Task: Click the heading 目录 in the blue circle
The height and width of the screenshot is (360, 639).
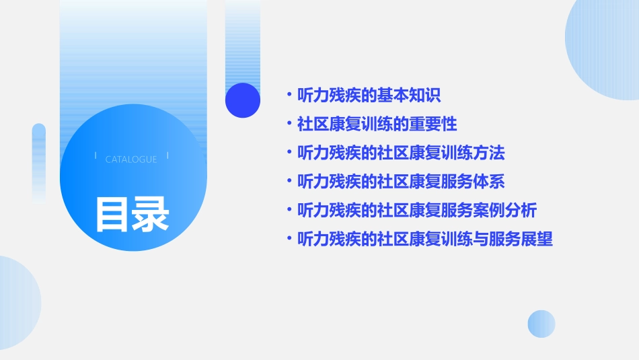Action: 132,215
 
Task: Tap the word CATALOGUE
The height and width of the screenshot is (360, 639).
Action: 131,159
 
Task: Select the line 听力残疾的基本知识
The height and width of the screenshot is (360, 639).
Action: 369,95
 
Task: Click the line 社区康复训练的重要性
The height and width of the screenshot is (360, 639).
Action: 377,124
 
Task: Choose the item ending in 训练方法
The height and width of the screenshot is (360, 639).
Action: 401,153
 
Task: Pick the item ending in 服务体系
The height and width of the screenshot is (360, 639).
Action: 401,182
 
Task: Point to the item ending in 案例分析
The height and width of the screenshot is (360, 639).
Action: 417,211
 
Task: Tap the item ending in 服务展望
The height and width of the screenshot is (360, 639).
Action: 425,239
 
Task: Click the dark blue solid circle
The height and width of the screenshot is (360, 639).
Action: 243,100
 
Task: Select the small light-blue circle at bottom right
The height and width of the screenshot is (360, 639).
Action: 541,324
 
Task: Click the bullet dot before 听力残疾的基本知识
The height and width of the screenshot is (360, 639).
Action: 289,95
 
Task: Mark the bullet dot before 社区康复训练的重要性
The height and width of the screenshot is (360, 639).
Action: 289,124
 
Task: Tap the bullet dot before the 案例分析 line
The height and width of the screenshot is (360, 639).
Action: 289,211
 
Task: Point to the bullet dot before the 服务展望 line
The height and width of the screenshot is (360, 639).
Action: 289,239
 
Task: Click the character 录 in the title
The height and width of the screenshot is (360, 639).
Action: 151,215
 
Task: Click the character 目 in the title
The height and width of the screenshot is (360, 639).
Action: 112,215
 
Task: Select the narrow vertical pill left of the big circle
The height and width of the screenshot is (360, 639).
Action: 39,161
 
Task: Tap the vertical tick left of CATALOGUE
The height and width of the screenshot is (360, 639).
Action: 96,155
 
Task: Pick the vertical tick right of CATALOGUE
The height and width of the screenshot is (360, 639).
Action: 167,155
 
